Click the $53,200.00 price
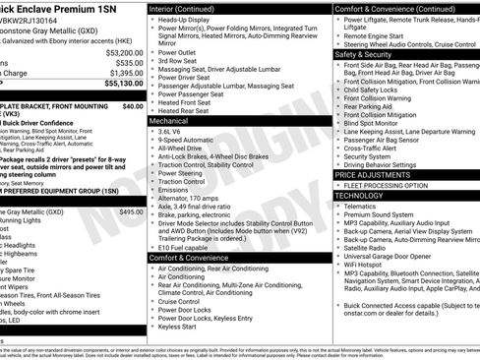coord(119,52)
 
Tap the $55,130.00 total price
coord(119,85)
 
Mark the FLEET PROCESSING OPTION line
coord(388,185)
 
